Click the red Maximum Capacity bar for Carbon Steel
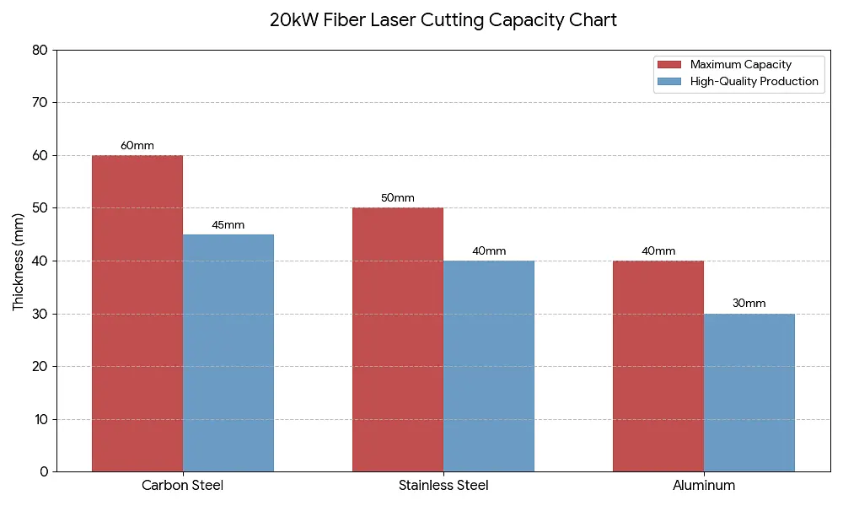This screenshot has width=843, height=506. (x=137, y=314)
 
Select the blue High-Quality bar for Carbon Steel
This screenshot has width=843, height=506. (x=228, y=353)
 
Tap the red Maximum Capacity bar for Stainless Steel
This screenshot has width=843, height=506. (x=398, y=340)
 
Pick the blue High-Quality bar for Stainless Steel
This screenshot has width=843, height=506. (x=489, y=366)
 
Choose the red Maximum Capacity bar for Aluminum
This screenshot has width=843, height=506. (x=658, y=366)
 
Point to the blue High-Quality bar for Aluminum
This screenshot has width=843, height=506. (x=749, y=392)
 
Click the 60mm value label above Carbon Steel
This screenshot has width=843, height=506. (x=137, y=146)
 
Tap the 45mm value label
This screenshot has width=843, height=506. (x=228, y=225)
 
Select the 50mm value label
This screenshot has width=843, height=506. (x=398, y=198)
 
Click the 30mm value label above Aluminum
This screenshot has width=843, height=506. (x=749, y=304)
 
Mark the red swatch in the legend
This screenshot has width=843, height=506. (x=669, y=65)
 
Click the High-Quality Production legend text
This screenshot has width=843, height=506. (x=754, y=81)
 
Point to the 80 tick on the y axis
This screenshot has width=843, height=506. (x=40, y=50)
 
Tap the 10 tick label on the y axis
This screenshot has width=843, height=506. (x=41, y=419)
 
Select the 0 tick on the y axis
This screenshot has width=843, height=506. (x=44, y=471)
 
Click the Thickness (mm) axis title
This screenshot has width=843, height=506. (x=19, y=262)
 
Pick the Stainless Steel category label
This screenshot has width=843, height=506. (x=443, y=486)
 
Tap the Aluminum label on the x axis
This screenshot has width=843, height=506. (x=704, y=486)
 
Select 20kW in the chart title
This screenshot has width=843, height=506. (x=293, y=20)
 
